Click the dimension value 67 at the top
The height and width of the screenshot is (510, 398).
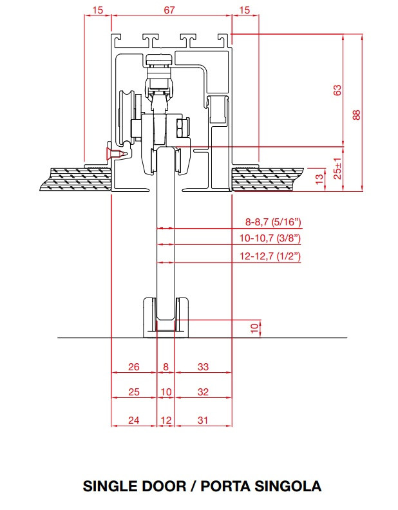(169, 10)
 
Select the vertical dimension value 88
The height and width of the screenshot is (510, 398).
(357, 115)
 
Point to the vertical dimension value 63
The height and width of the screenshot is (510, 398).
(337, 90)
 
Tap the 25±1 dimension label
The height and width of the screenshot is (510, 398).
(338, 169)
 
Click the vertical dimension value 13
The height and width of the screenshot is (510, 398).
(320, 178)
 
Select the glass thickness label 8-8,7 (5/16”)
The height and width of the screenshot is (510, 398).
(273, 222)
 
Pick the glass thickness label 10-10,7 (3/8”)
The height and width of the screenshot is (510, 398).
(270, 238)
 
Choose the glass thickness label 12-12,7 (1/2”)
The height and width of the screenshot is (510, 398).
(270, 256)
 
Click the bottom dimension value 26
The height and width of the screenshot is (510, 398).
(134, 366)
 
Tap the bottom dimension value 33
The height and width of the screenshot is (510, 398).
(203, 366)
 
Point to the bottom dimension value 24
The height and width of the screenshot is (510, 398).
(134, 420)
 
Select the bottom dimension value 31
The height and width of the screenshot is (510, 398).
(203, 420)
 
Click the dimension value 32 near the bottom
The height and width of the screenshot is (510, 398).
(203, 392)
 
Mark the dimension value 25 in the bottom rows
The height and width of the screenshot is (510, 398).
(134, 392)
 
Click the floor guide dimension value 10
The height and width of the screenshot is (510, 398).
(255, 328)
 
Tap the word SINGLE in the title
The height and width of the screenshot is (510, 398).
(109, 486)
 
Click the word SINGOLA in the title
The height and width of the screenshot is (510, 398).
(288, 486)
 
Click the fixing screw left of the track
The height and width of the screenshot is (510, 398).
(115, 153)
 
